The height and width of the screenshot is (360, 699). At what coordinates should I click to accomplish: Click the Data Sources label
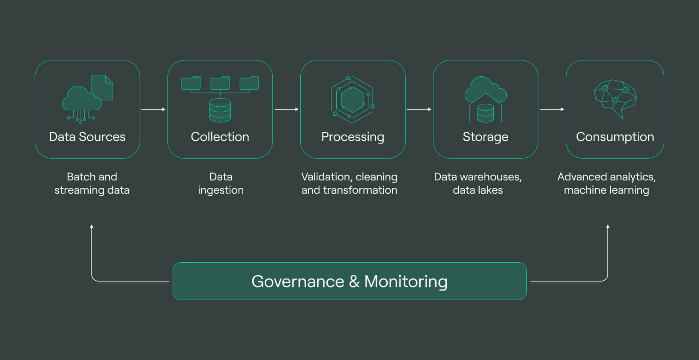pyautogui.click(x=87, y=137)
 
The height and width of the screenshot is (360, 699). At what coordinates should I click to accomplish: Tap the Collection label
pyautogui.click(x=220, y=137)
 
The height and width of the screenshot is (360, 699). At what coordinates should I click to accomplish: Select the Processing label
pyautogui.click(x=352, y=137)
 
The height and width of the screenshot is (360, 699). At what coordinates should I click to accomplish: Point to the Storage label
pyautogui.click(x=486, y=137)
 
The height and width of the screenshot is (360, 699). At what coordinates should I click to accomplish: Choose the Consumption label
pyautogui.click(x=615, y=137)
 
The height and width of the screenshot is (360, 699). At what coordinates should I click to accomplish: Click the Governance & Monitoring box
pyautogui.click(x=349, y=281)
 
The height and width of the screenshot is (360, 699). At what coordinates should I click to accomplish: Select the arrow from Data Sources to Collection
pyautogui.click(x=153, y=109)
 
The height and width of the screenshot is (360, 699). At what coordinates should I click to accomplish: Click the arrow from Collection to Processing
pyautogui.click(x=287, y=109)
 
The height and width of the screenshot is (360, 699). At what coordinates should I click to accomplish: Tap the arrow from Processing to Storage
pyautogui.click(x=419, y=109)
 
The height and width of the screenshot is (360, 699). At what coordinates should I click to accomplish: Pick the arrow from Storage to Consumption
pyautogui.click(x=552, y=109)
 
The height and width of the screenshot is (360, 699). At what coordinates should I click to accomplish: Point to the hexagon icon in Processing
pyautogui.click(x=352, y=99)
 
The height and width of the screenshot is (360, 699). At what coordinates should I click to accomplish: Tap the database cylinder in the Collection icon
pyautogui.click(x=220, y=110)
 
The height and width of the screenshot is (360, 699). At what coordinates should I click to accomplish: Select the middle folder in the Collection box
pyautogui.click(x=220, y=83)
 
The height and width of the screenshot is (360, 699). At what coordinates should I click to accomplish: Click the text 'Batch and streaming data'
pyautogui.click(x=92, y=183)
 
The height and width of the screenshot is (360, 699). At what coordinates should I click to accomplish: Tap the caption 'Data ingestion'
pyautogui.click(x=221, y=183)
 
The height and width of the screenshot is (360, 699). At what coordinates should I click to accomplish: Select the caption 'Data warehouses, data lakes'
pyautogui.click(x=478, y=183)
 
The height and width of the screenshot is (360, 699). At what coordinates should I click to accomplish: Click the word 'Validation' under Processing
pyautogui.click(x=326, y=177)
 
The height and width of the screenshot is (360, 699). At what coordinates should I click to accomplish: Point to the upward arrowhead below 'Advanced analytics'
pyautogui.click(x=608, y=226)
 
